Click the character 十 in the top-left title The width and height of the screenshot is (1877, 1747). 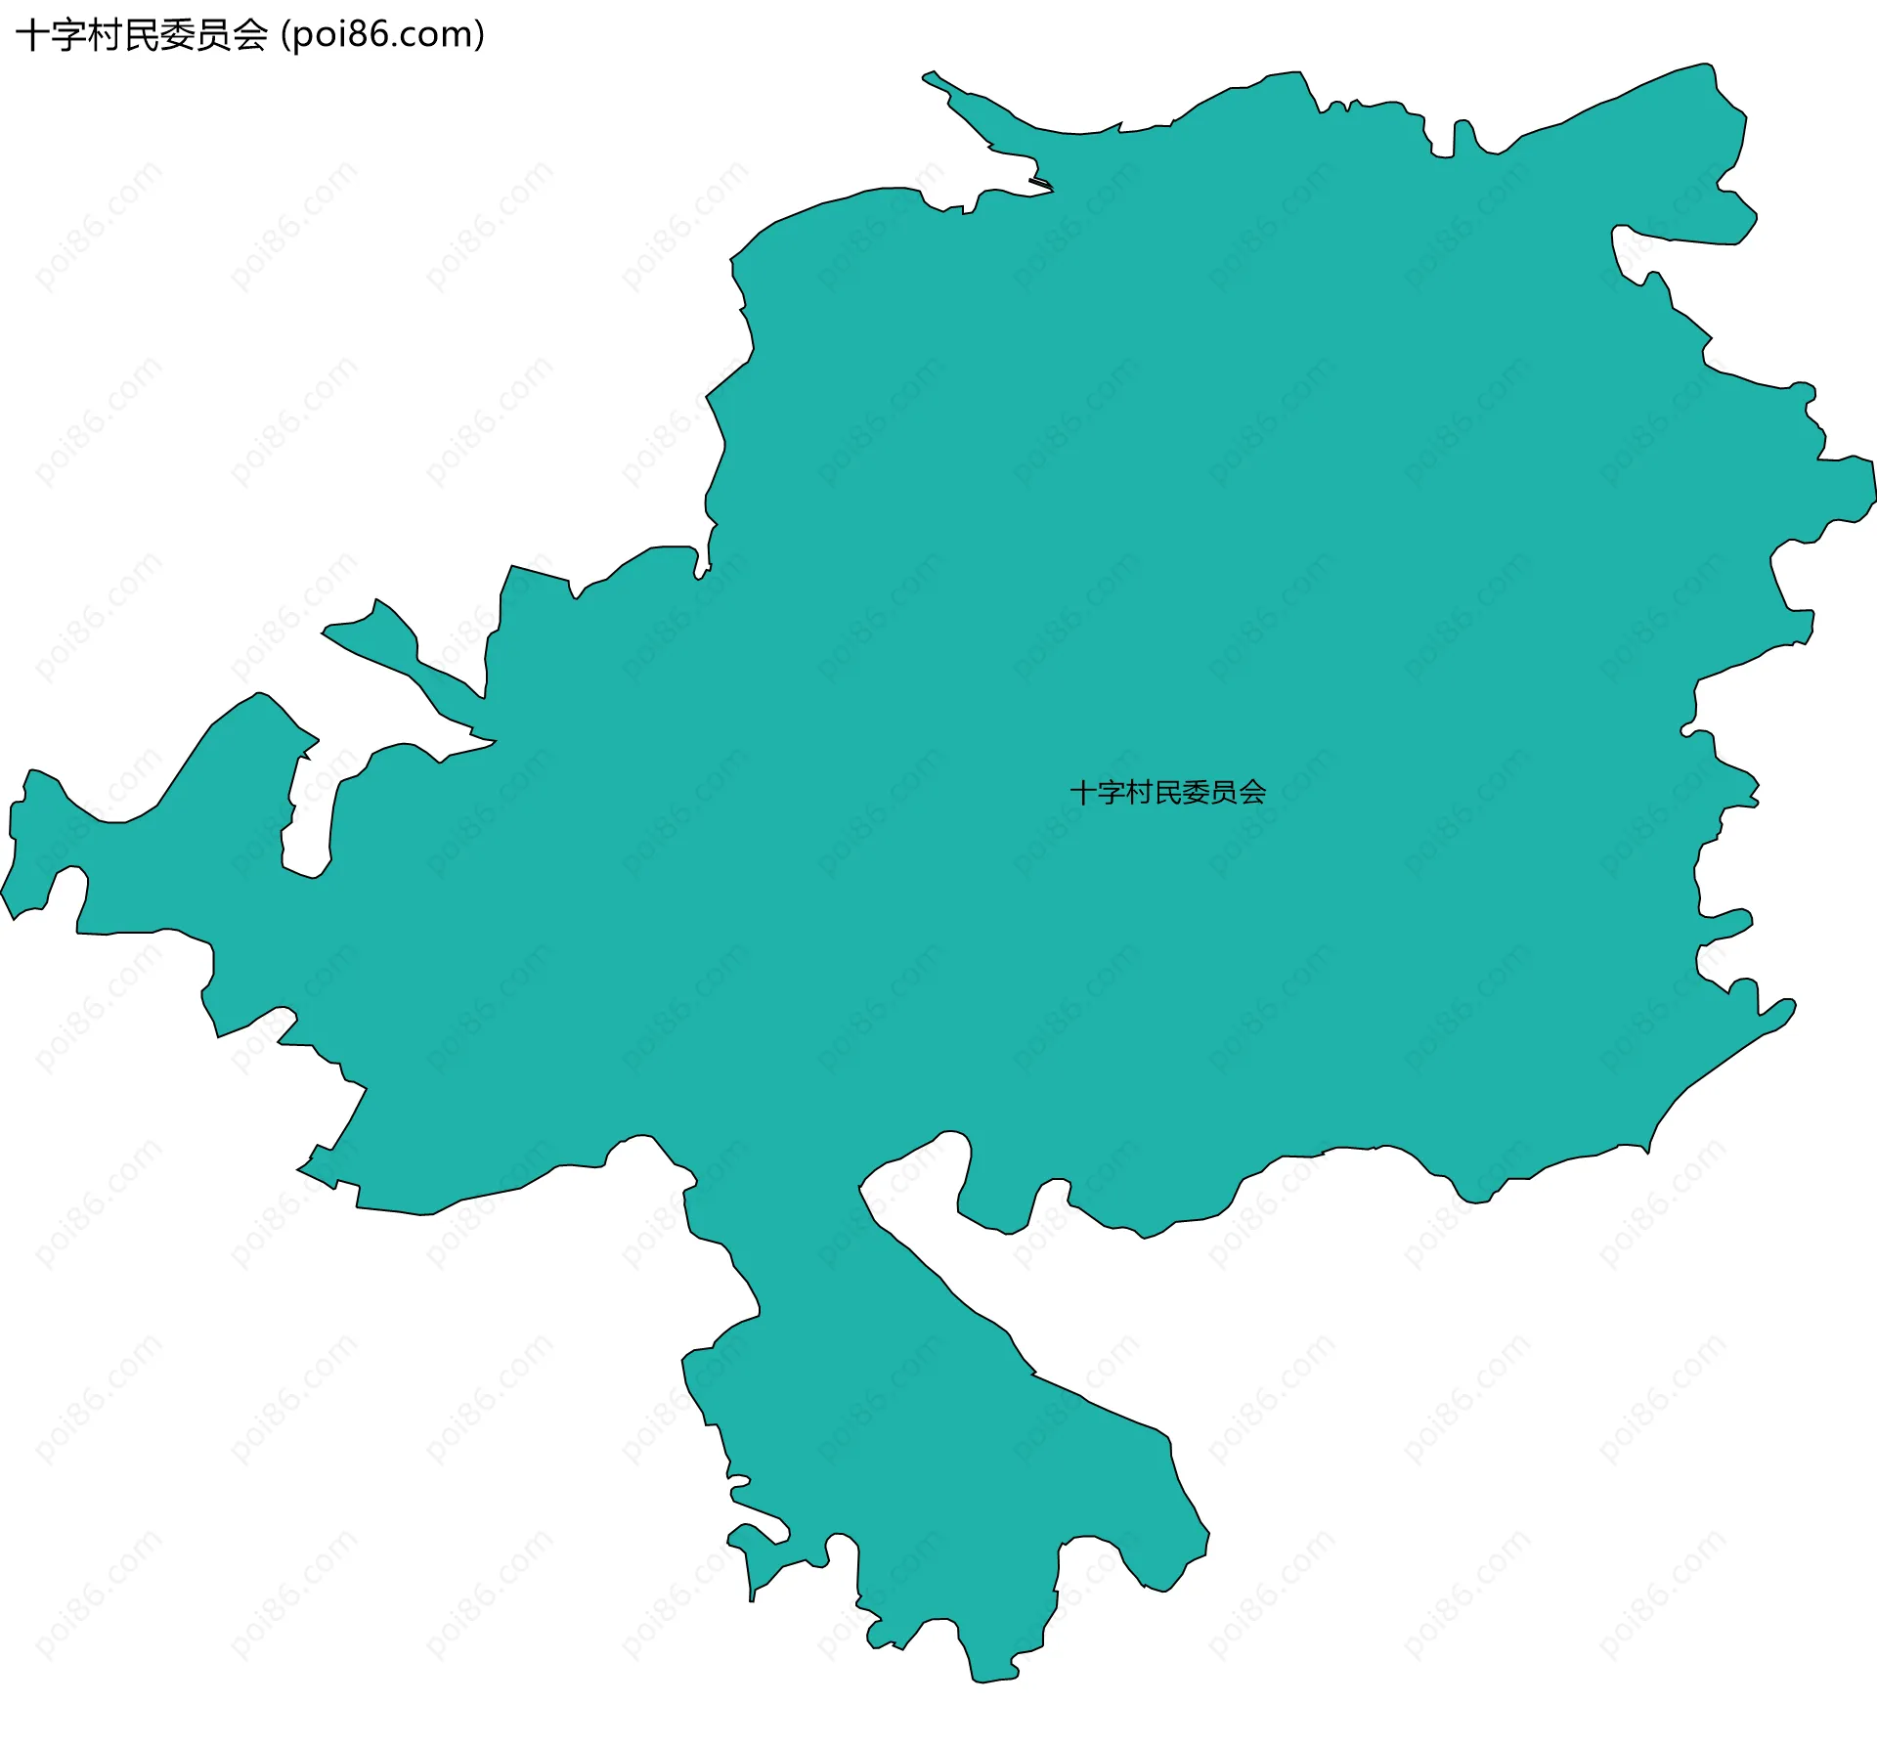pos(33,35)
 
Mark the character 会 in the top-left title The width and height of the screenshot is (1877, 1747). pos(249,35)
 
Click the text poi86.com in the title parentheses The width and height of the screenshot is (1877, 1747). pos(382,35)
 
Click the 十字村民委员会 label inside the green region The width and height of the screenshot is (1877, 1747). pos(1167,792)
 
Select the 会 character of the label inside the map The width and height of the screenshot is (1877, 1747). pos(1252,792)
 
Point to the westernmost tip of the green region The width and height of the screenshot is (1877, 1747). pos(2,892)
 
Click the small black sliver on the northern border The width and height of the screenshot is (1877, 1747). pos(1040,182)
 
